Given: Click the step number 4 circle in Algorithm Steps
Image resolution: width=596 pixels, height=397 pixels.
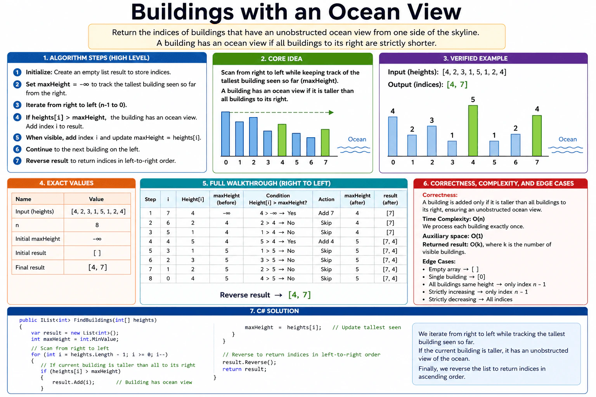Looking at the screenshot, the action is (17, 117).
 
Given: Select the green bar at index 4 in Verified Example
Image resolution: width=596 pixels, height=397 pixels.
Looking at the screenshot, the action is (473, 131).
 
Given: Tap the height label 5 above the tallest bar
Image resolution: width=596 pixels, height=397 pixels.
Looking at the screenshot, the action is (473, 100).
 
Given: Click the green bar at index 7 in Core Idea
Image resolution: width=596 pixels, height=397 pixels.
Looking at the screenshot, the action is (325, 143).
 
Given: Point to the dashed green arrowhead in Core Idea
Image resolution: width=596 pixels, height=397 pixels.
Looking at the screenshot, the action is (331, 112).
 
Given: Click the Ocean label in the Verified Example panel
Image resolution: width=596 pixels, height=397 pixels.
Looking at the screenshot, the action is (568, 139).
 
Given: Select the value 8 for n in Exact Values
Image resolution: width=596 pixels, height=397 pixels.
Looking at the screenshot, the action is (97, 225).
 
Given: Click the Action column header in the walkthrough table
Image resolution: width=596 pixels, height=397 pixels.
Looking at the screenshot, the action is (326, 199).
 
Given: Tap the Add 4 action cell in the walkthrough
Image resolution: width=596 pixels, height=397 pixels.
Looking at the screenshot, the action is (326, 242).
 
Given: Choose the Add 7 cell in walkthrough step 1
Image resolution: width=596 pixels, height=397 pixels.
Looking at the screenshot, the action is (326, 213).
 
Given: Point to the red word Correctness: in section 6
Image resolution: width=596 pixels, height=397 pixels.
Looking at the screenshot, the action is (440, 195).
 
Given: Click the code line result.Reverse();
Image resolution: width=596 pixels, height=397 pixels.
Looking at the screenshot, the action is (249, 362).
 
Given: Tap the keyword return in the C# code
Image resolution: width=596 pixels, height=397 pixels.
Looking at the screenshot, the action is (232, 369).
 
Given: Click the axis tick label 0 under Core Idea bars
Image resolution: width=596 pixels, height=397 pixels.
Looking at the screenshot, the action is (226, 162).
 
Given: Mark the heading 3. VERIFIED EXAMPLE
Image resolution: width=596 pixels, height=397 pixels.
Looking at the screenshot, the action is (475, 59).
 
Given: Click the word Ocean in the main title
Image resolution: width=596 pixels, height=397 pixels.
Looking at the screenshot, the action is (364, 12).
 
